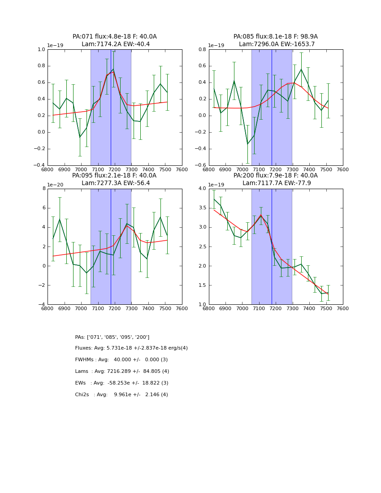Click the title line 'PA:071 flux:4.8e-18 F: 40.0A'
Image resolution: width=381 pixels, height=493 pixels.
point(115,37)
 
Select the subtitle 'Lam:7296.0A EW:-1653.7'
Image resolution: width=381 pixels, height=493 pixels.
point(277,44)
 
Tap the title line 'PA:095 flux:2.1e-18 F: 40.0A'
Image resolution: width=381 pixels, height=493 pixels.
point(114,176)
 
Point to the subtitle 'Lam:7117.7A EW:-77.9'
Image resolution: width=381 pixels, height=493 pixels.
point(277,183)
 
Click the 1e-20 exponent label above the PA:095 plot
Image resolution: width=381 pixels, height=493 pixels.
point(55,185)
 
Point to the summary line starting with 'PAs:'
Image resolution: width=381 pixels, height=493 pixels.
point(112,337)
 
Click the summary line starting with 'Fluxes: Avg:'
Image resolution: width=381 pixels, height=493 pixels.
point(131,348)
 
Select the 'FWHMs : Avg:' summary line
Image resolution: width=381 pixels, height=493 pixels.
point(121,360)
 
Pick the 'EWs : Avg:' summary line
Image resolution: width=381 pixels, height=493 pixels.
point(121,383)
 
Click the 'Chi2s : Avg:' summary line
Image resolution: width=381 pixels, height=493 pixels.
point(121,395)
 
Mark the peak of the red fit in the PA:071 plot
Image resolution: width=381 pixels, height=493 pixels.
point(113,71)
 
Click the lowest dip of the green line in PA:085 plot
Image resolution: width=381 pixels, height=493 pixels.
point(247,144)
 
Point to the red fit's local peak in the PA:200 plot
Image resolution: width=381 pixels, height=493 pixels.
point(261,215)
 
